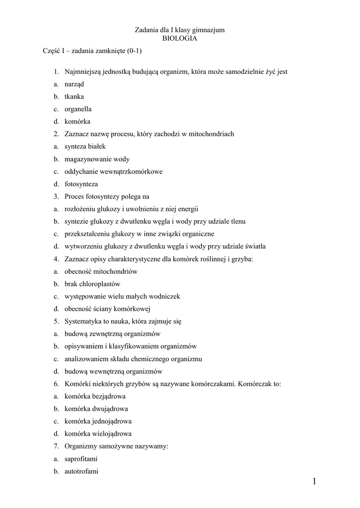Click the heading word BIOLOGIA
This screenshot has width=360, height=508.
[x=180, y=39]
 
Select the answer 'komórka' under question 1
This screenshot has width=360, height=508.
[x=77, y=122]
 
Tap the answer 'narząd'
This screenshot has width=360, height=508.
[x=74, y=85]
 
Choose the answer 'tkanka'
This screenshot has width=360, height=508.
[x=74, y=97]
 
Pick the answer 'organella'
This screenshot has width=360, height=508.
[x=78, y=109]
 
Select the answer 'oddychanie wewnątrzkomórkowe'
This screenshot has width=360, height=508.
[x=113, y=172]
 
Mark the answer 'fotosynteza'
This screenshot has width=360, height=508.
[x=81, y=184]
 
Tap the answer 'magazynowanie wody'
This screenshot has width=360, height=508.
[x=97, y=159]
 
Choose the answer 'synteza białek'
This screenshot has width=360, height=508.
[x=85, y=147]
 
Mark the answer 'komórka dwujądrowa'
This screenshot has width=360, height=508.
[x=96, y=409]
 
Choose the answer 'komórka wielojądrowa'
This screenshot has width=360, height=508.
[x=98, y=434]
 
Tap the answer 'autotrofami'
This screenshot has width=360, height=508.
[x=81, y=471]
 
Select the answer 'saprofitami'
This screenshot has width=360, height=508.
[x=81, y=459]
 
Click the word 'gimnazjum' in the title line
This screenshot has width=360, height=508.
[x=210, y=30]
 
